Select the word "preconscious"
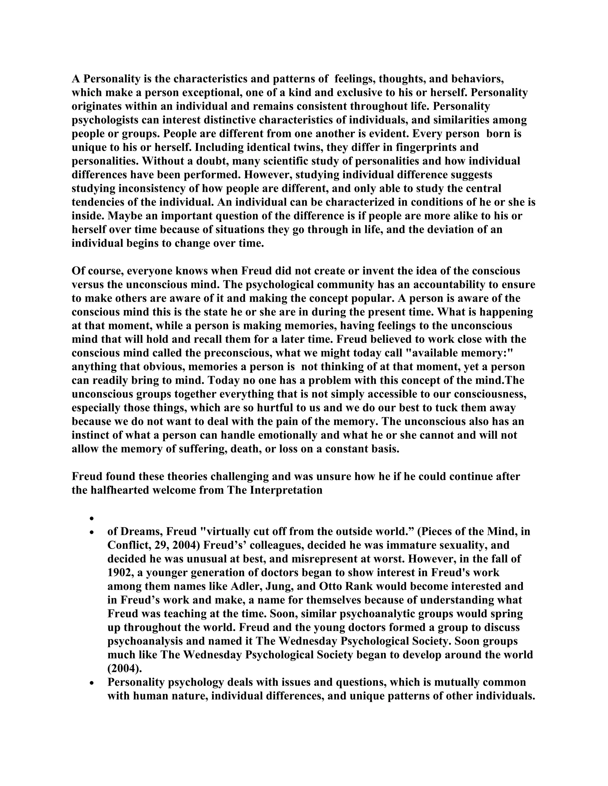pos(238,353)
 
